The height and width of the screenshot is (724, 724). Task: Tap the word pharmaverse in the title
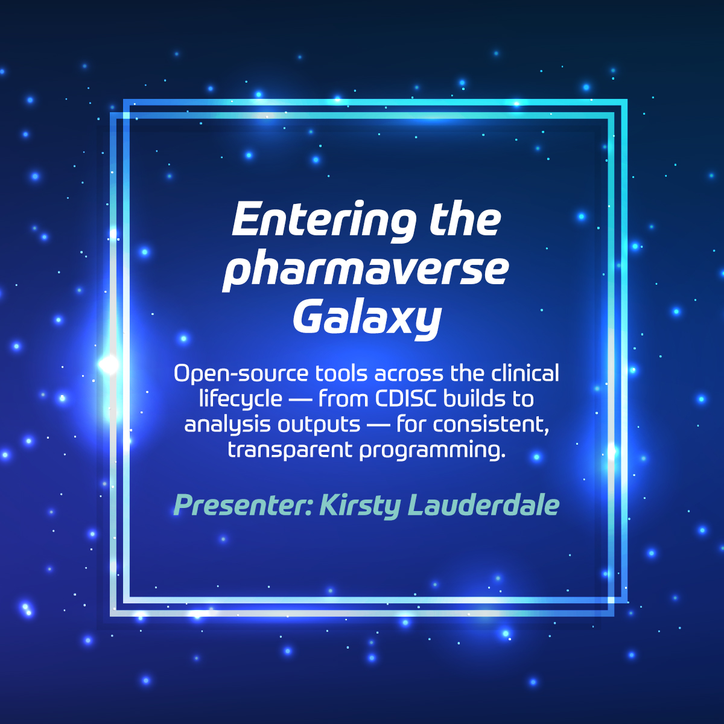coord(366,270)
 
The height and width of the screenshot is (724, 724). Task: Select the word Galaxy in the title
coord(367,320)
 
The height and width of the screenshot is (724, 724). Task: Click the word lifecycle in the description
coord(241,400)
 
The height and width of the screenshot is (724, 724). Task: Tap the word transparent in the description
coord(290,451)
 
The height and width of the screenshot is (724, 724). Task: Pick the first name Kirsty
coord(360,506)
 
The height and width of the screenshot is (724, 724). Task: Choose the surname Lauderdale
coord(483,505)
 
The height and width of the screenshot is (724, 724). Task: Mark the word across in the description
coord(409,375)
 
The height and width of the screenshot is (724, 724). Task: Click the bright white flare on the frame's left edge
coord(109,364)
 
